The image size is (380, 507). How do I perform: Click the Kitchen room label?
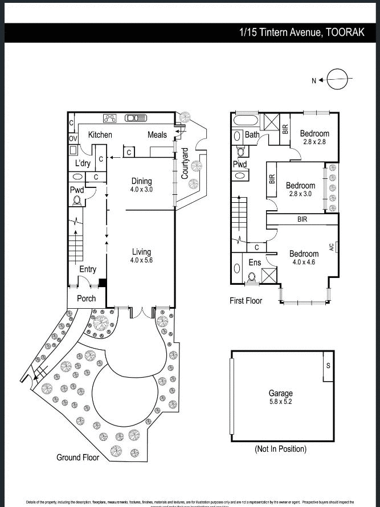click(100, 135)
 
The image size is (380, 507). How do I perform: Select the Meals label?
click(157, 135)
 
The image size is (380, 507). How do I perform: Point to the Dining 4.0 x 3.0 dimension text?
click(141, 190)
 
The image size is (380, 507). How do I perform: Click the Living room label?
click(141, 252)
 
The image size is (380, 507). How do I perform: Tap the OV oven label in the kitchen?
click(73, 138)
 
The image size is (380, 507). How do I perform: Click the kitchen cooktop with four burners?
click(110, 118)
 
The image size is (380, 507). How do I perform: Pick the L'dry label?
click(83, 164)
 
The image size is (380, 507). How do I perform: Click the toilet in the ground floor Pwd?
click(76, 201)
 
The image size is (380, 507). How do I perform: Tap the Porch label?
click(87, 299)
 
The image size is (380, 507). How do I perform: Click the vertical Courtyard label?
click(185, 163)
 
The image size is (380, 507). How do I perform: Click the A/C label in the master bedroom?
click(331, 247)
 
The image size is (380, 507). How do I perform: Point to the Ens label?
click(255, 263)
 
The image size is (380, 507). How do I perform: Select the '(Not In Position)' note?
click(280, 449)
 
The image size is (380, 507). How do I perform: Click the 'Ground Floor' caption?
click(77, 457)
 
